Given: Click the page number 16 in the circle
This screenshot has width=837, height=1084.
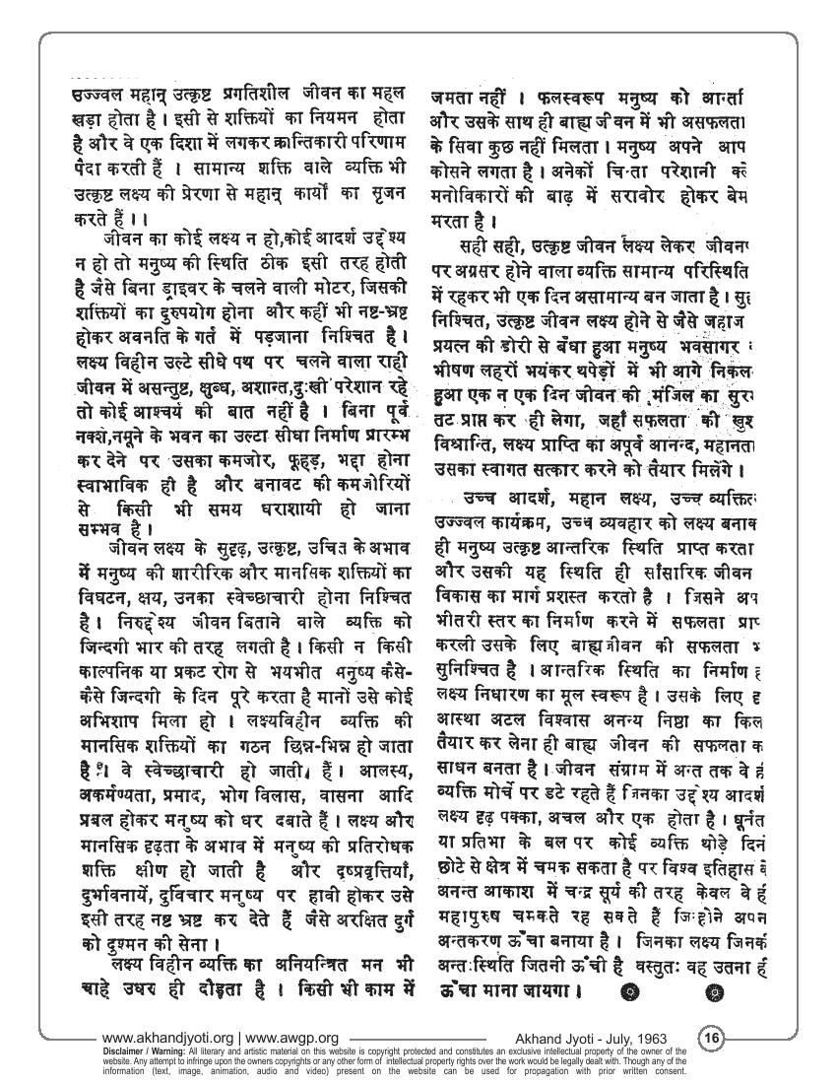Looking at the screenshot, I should tap(711, 1038).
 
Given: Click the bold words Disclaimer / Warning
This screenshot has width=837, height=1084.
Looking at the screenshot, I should tap(154, 1049).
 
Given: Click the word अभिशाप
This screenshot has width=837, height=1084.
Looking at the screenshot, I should tap(112, 736).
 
